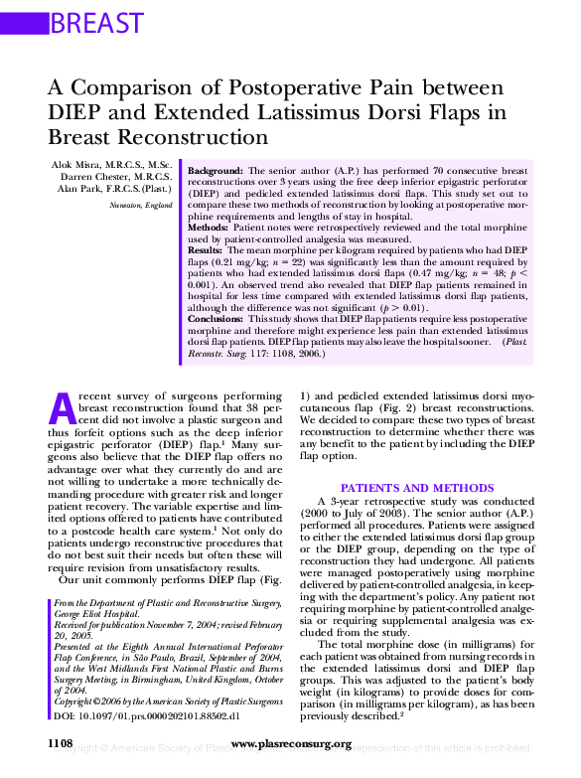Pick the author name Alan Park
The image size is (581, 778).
point(81,188)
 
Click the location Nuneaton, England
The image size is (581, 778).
point(142,204)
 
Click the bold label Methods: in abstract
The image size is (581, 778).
point(209,228)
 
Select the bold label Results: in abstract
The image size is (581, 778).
point(206,250)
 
